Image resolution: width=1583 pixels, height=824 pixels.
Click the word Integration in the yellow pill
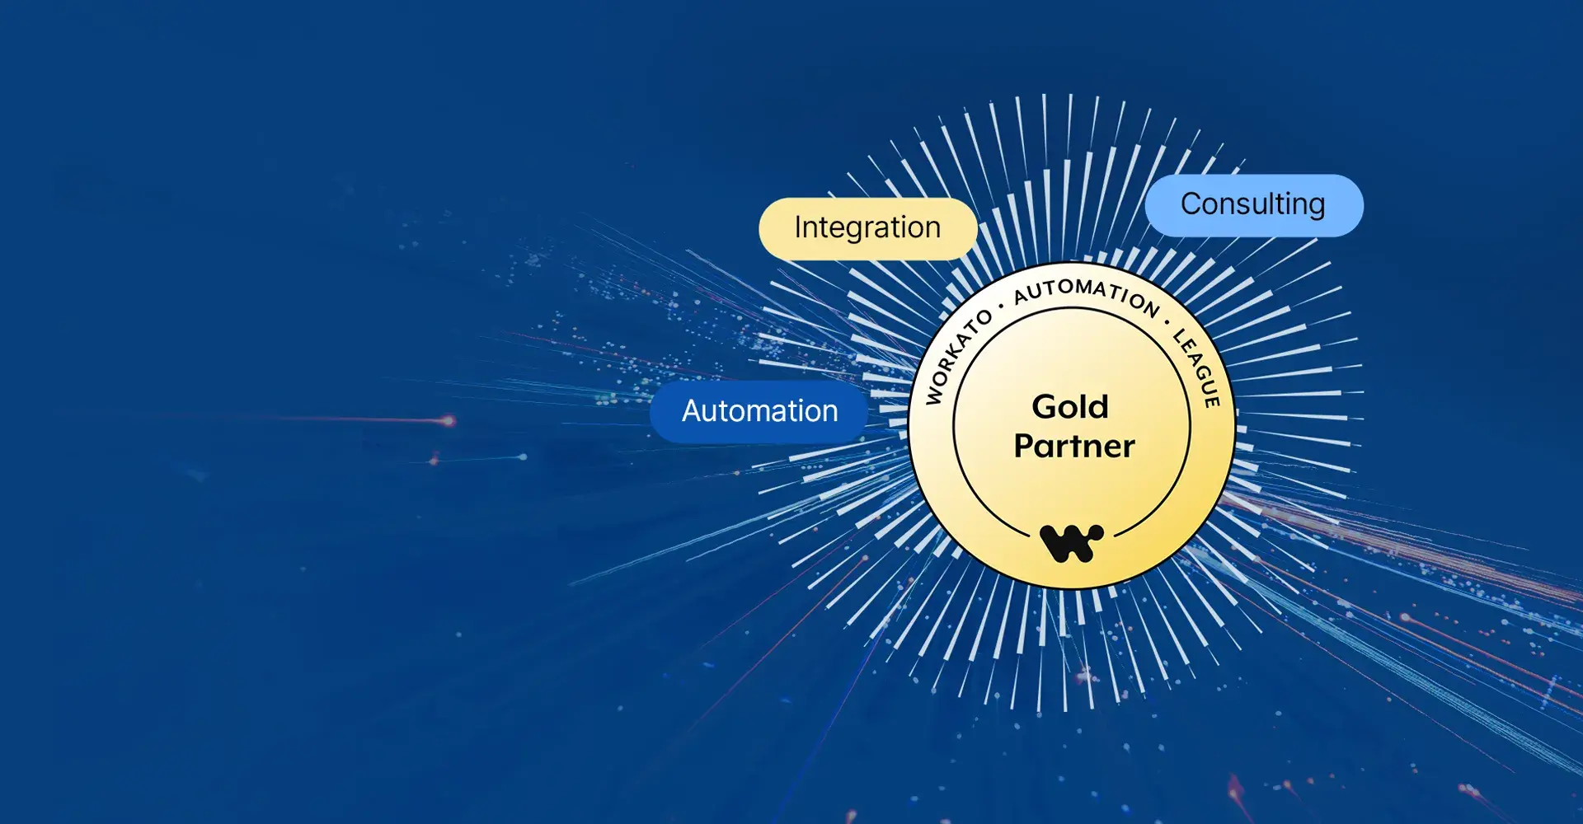point(867,228)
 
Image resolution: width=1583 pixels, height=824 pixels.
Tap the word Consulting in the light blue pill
point(1252,204)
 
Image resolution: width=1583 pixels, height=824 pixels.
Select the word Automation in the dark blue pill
point(759,411)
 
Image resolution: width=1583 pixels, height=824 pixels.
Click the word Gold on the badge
point(1070,407)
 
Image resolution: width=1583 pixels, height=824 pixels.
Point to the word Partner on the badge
point(1074,447)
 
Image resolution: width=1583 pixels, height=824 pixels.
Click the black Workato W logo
point(1071,542)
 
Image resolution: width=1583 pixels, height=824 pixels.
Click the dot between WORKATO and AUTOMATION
point(1001,307)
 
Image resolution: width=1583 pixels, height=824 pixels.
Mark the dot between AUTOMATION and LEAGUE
point(1167,322)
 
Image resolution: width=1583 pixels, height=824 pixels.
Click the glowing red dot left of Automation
point(449,421)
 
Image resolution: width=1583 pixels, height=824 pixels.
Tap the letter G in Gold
point(1046,407)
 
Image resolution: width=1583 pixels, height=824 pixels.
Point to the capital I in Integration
point(798,227)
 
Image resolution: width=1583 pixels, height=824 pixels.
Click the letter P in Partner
point(1025,447)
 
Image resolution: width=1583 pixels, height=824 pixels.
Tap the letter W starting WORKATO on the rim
point(934,396)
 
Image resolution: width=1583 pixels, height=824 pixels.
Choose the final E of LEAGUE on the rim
point(1212,400)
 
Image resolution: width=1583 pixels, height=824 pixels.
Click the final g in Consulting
point(1316,207)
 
